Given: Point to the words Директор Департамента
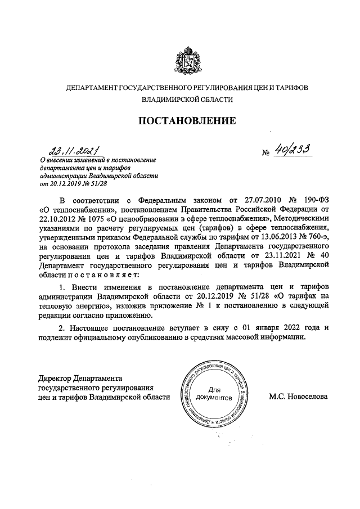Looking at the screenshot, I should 79,377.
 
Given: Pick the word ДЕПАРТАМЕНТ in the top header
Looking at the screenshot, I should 91,88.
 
